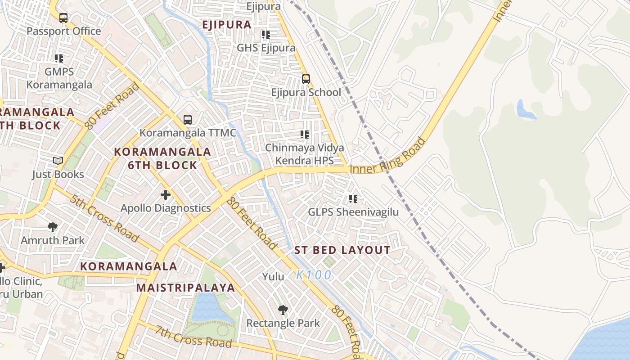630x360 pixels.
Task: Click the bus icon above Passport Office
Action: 63,18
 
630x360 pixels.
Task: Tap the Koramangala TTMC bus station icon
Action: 188,120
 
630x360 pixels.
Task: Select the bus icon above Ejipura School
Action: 306,79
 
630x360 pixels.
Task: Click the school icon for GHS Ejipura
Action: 266,34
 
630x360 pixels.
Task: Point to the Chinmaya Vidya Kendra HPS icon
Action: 305,134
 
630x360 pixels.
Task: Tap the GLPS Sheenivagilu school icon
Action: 353,198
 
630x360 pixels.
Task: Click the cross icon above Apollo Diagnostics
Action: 166,195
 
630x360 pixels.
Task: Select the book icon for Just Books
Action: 58,161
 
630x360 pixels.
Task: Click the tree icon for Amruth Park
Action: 53,227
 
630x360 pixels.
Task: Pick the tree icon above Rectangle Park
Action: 283,310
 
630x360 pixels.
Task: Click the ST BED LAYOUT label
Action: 342,250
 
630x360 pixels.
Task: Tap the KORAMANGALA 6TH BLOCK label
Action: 162,158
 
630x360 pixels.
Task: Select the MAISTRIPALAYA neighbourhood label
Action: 185,288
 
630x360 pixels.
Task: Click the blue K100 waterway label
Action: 314,275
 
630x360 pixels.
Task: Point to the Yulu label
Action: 273,276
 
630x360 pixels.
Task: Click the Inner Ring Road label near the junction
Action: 388,156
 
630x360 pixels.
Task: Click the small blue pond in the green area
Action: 526,110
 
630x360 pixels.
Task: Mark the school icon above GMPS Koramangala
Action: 59,58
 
